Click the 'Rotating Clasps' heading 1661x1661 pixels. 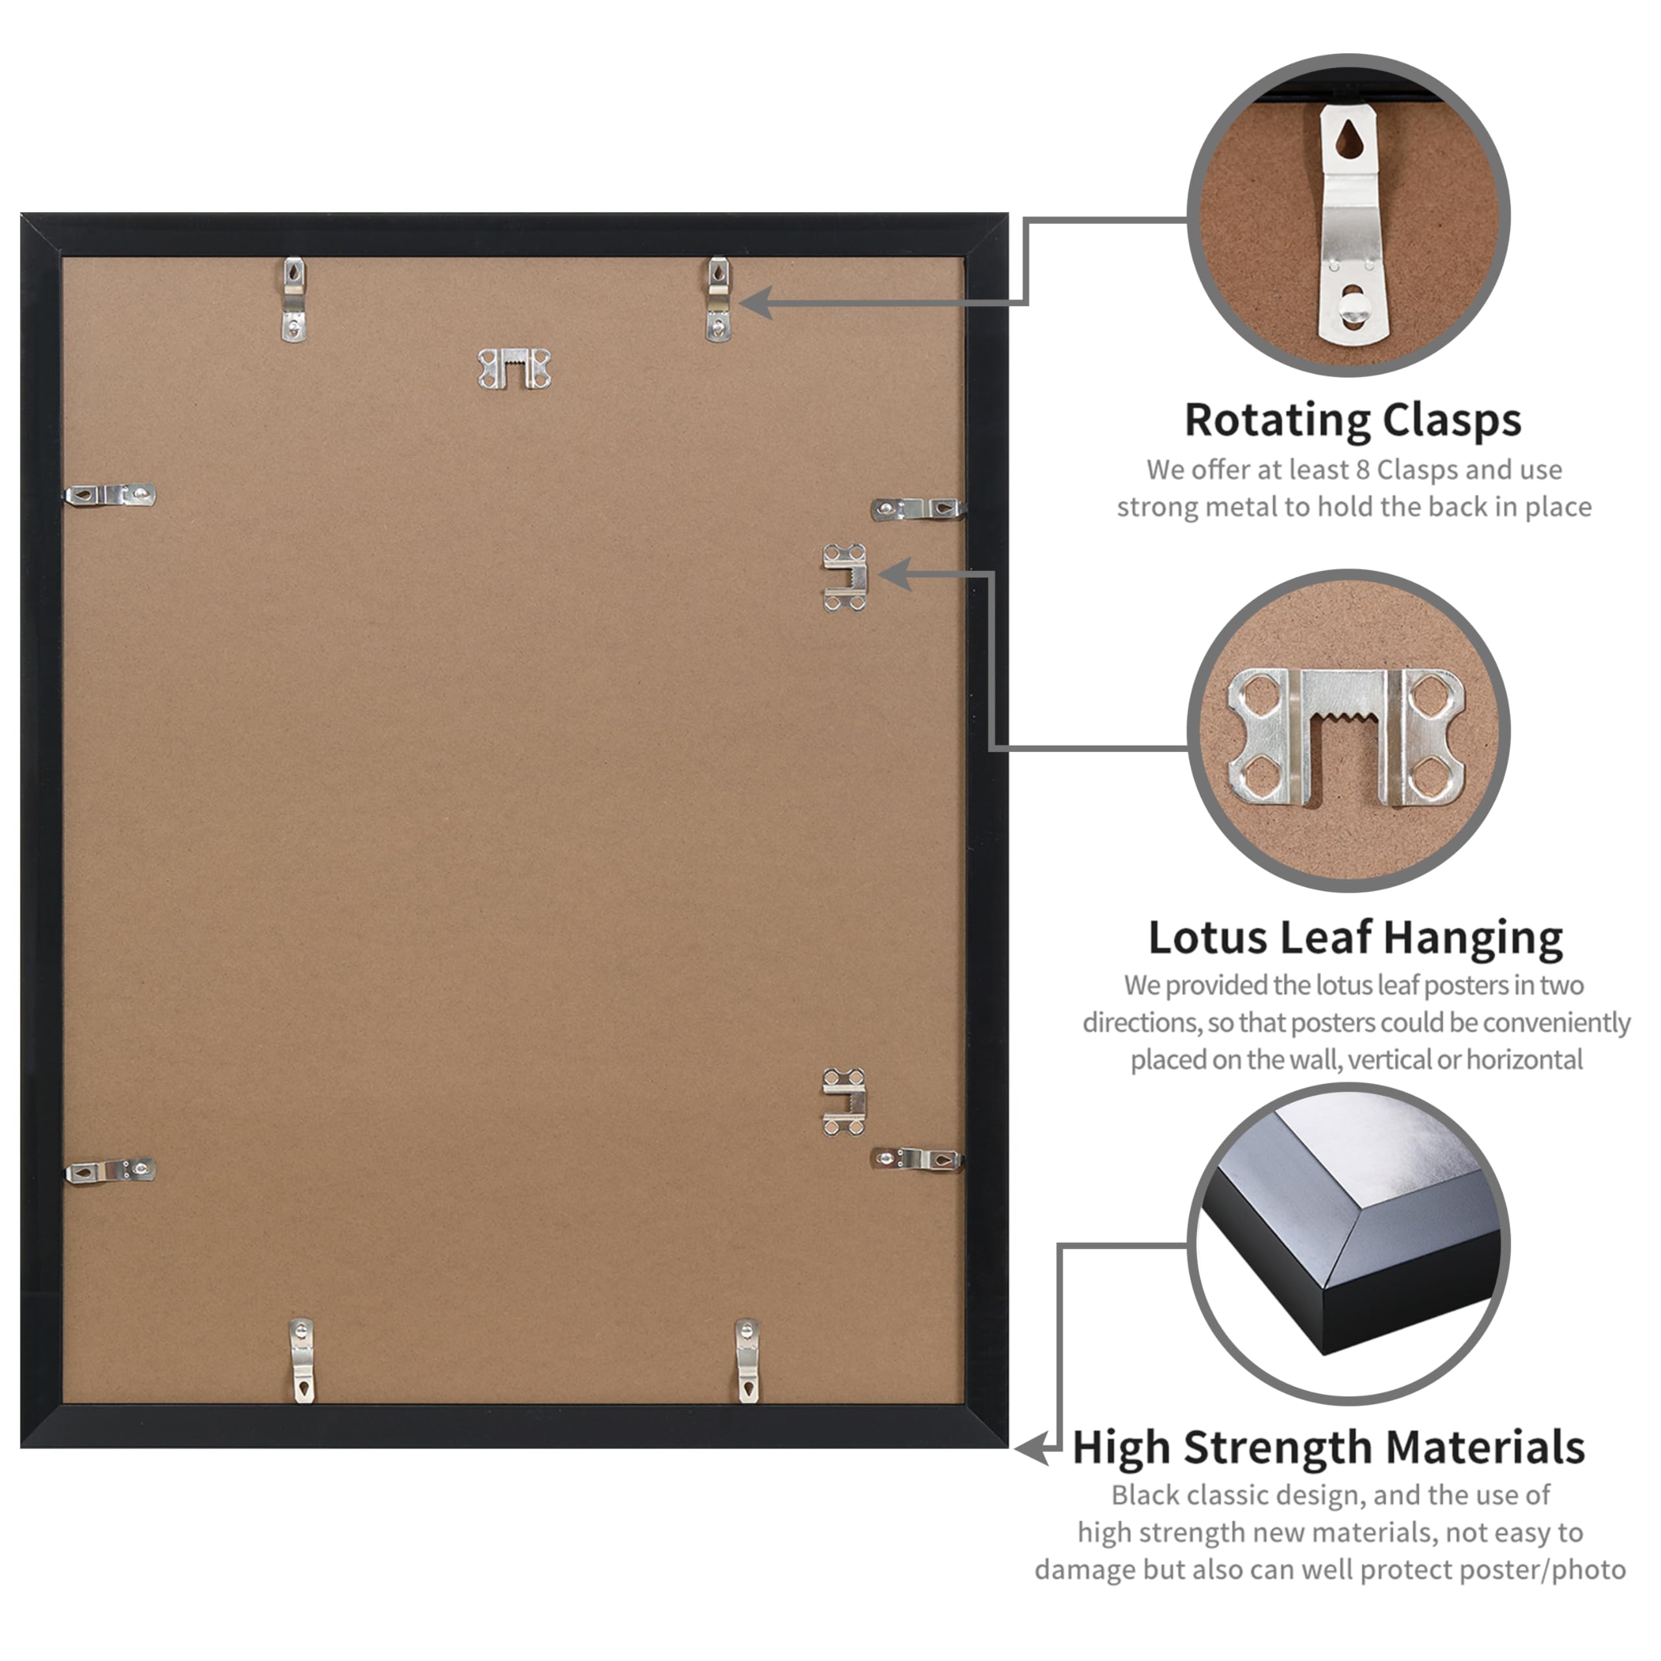point(1352,420)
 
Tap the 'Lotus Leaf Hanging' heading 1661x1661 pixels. point(1355,937)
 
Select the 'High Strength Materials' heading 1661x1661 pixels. point(1328,1447)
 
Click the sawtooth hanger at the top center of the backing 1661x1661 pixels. point(514,369)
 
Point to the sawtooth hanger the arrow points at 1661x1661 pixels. point(845,577)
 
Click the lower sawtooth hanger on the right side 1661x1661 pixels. point(844,1102)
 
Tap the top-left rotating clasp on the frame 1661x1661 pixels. point(294,299)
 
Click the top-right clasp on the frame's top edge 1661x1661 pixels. point(718,299)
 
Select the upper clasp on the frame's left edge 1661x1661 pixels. point(111,495)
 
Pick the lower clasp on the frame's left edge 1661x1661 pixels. point(111,1170)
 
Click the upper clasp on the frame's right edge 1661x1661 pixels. point(917,509)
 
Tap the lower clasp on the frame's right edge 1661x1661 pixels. point(917,1159)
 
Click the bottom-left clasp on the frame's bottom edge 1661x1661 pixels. point(302,1360)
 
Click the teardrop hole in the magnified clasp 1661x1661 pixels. point(1349,139)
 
